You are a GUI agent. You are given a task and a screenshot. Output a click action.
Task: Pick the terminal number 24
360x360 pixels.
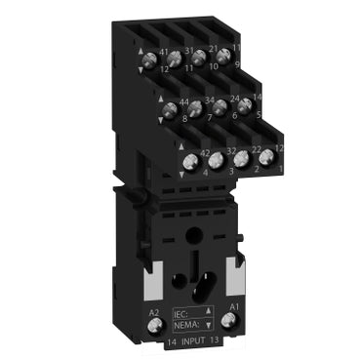[x=235, y=97]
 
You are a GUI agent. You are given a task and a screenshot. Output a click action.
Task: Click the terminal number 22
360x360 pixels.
[x=257, y=148]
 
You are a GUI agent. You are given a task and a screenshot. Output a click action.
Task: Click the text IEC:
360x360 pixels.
[x=180, y=314]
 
